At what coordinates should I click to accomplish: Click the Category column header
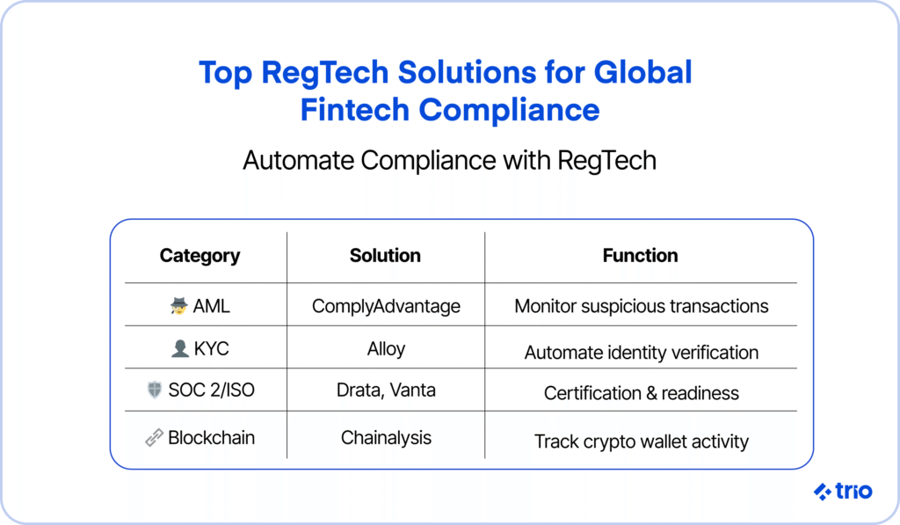coord(200,256)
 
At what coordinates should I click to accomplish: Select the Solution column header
coord(385,255)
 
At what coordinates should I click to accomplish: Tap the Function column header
coord(640,255)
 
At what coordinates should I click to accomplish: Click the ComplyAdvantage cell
coord(386,307)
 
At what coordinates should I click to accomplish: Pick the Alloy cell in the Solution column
coord(387,349)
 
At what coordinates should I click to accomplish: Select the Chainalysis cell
coord(386,438)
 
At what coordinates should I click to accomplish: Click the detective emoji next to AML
coord(179,306)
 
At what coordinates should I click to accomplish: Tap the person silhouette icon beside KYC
coord(179,348)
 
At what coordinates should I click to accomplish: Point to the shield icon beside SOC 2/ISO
coord(155,390)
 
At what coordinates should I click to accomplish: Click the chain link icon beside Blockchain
coord(154,438)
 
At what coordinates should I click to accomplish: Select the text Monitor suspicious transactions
coord(641,307)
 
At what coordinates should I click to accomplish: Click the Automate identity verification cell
coord(641,352)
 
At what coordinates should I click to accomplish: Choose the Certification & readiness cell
coord(641,393)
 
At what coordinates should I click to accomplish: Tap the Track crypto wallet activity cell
coord(641,441)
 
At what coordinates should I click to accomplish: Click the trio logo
coord(843,491)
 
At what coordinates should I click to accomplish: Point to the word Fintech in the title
coord(354,110)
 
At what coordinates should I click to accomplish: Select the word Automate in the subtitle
coord(298,160)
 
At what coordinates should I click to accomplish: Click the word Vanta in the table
coord(412,390)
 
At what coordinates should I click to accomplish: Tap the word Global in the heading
coord(642,72)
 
